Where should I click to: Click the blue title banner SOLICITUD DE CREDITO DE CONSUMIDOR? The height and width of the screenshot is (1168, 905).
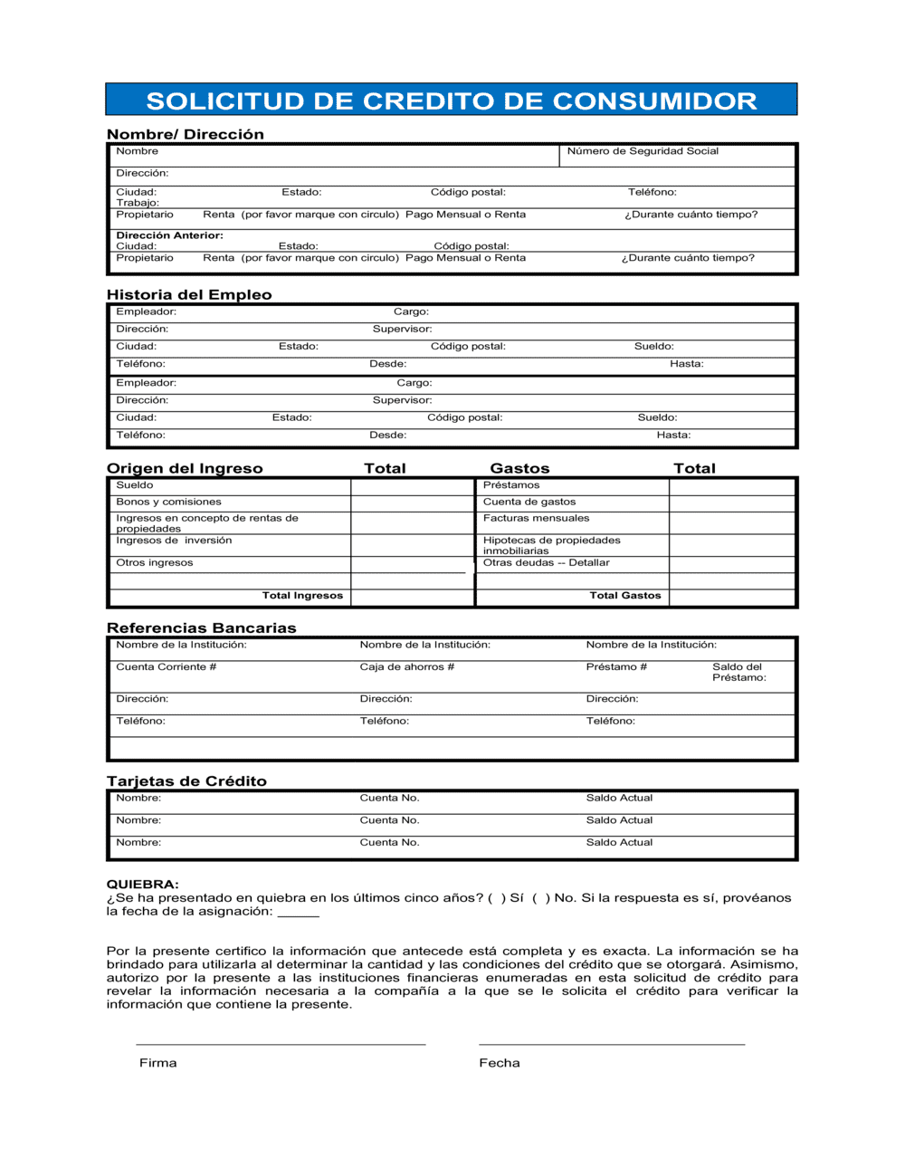(x=451, y=100)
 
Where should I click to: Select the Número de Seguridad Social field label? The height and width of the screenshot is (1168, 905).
(x=643, y=151)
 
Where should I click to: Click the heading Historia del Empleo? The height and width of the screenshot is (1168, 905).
(x=189, y=294)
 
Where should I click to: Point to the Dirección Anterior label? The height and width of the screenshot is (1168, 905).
(x=169, y=235)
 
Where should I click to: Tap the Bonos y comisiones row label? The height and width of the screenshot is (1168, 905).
(x=168, y=502)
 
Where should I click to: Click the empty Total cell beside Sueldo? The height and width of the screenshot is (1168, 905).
(x=412, y=486)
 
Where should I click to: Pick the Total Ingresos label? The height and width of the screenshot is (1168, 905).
(x=302, y=596)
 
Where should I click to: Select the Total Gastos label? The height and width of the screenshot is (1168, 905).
(x=624, y=596)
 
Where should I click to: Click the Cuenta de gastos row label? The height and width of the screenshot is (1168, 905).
(x=529, y=502)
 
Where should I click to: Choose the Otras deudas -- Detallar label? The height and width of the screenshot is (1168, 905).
(x=546, y=562)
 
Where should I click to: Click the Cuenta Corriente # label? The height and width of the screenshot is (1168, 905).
(x=166, y=667)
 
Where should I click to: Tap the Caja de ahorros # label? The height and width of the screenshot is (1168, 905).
(x=406, y=667)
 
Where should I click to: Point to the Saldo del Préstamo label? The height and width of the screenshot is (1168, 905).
(x=738, y=672)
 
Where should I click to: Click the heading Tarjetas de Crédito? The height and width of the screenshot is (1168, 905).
(x=186, y=781)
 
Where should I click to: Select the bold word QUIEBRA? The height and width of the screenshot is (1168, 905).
(x=142, y=885)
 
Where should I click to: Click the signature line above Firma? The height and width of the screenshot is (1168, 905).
(x=281, y=1044)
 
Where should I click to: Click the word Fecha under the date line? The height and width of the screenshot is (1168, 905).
(x=500, y=1063)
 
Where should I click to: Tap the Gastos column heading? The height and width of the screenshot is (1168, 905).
(x=519, y=468)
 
